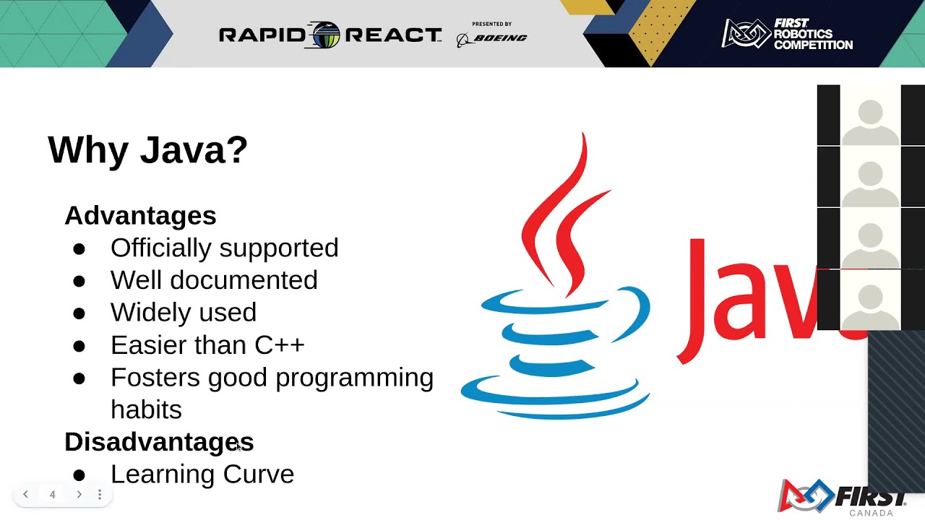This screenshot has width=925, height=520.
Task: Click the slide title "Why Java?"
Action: [147, 150]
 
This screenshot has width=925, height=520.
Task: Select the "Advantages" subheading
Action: [140, 215]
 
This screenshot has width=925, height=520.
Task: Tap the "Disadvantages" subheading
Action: [159, 442]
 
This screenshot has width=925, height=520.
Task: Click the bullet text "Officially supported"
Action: [224, 248]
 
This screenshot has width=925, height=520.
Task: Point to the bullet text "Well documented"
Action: [214, 280]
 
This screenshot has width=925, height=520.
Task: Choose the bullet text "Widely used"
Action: [183, 312]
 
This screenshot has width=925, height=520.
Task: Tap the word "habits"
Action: [146, 409]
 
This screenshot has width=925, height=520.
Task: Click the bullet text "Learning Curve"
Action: [202, 474]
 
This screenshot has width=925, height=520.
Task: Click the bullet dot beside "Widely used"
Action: [79, 313]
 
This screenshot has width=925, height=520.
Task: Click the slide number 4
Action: [52, 495]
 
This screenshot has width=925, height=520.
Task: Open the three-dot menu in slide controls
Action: [100, 495]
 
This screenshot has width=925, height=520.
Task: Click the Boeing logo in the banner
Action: [492, 38]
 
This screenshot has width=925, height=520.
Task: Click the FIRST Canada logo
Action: [843, 498]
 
